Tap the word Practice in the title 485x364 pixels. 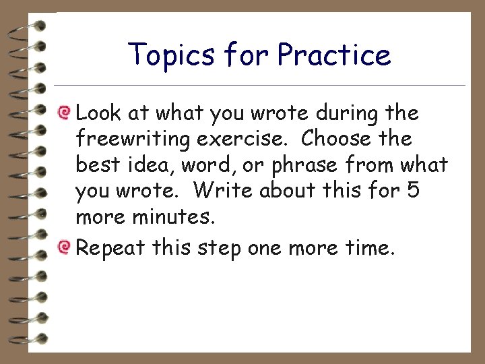pos(333,55)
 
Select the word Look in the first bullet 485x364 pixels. pos(100,113)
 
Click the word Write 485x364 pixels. pos(222,191)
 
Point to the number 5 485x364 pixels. pos(413,191)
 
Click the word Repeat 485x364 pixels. pos(110,247)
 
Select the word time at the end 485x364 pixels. pos(367,247)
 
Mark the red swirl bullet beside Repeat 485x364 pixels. pos(65,247)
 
